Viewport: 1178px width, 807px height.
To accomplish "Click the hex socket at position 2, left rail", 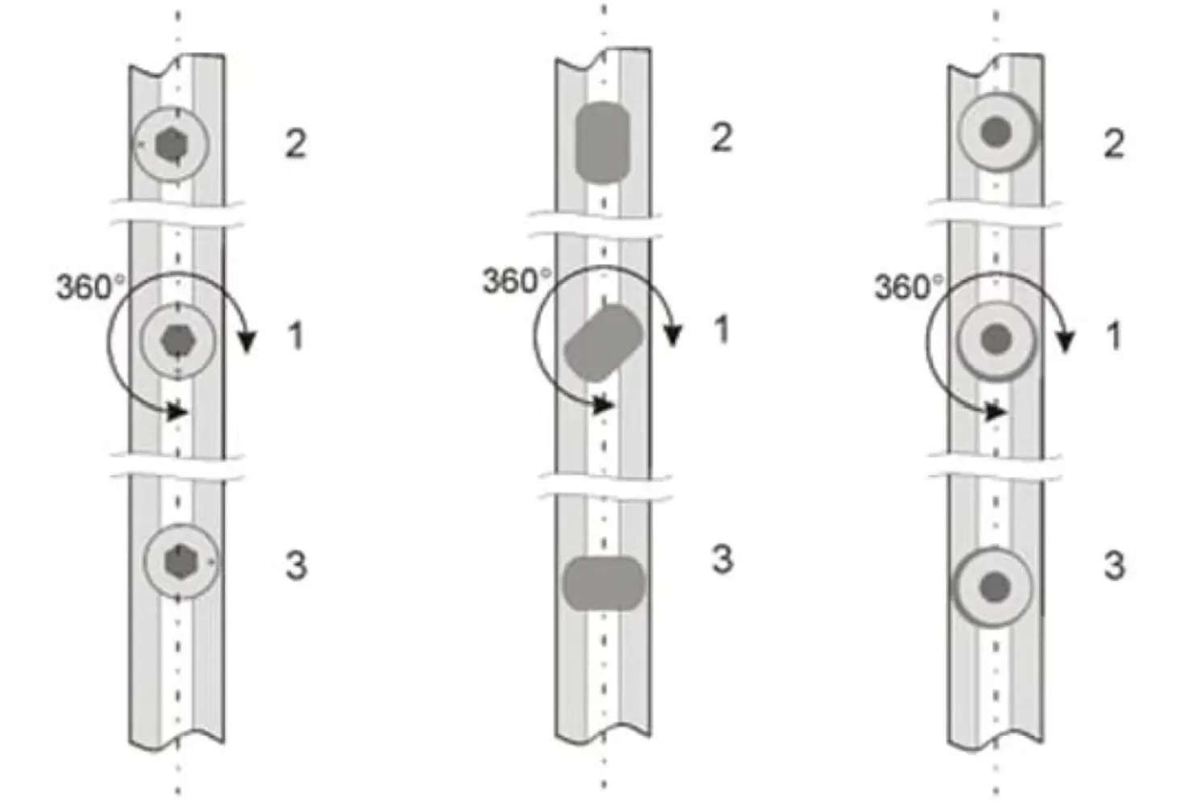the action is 171,144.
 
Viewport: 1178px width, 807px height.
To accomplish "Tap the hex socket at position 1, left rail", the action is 178,341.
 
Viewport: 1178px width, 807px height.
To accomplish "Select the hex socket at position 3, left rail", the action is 181,562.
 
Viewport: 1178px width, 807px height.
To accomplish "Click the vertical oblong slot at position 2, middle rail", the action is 603,143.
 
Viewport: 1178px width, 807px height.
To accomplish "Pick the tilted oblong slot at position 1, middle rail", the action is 604,342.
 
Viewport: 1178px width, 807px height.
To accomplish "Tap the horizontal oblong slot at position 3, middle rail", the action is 604,583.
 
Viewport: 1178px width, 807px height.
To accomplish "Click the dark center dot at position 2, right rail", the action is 996,132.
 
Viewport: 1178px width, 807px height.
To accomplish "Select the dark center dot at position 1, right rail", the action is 996,339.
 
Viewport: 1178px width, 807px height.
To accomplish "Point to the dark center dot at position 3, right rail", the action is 995,587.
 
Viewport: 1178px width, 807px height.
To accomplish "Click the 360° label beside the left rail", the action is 90,287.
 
